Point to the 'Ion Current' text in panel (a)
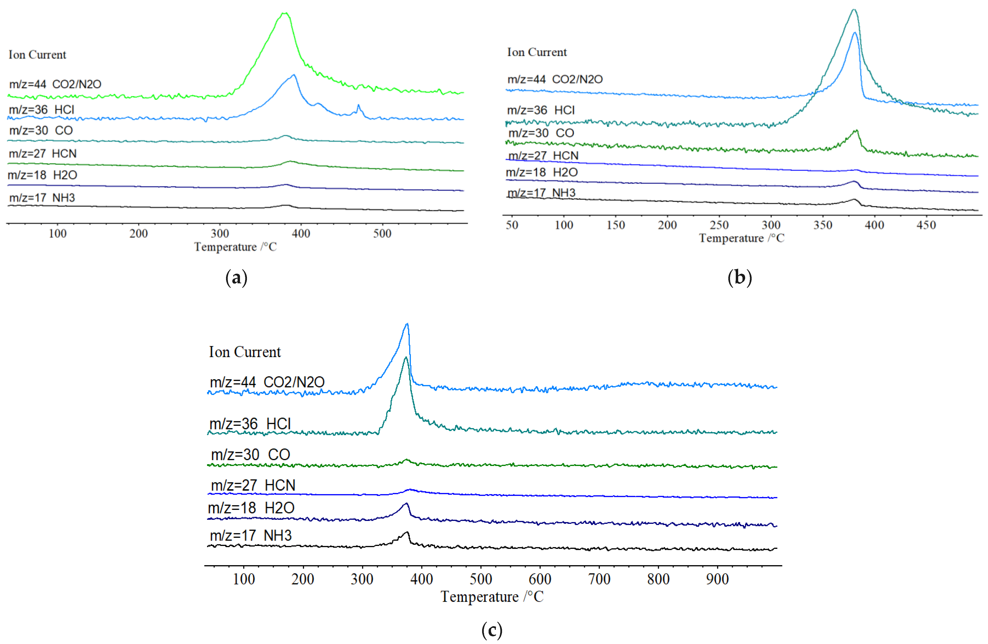click(37, 55)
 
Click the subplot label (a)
click(236, 277)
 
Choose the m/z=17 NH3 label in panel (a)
click(42, 198)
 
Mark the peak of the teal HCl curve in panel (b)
click(854, 10)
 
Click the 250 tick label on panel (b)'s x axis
click(719, 225)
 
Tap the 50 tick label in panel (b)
click(512, 225)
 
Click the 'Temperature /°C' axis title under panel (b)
click(741, 238)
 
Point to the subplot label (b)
click(740, 277)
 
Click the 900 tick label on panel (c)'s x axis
click(717, 579)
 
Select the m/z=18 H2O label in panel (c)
click(251, 508)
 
